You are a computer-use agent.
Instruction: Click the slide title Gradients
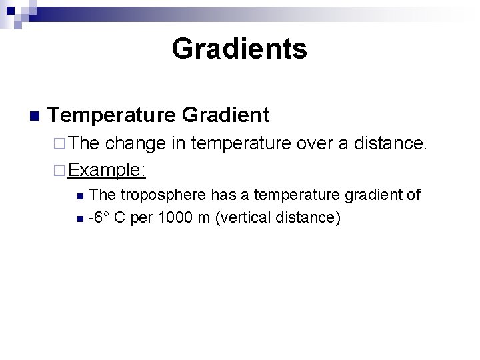click(239, 49)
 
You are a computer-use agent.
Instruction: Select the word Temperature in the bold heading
click(111, 115)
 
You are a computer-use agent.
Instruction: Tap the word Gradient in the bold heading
click(225, 115)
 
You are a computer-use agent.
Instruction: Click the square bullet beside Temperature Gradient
click(35, 116)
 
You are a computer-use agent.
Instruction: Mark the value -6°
click(99, 217)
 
